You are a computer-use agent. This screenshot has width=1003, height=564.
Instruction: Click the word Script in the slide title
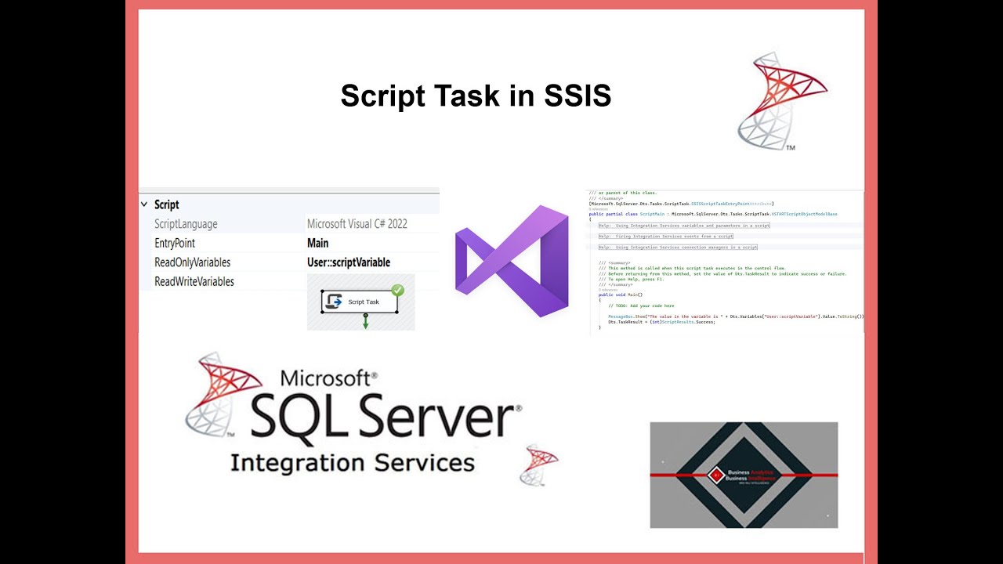coord(378,96)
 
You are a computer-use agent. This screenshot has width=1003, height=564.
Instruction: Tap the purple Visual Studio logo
coord(512,261)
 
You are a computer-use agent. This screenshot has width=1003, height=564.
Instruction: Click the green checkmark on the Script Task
coord(397,291)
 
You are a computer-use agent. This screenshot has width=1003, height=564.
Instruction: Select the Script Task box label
coord(364,302)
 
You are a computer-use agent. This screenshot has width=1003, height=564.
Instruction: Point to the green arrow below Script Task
coord(365,321)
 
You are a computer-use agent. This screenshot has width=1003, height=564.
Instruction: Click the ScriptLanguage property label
coord(186,224)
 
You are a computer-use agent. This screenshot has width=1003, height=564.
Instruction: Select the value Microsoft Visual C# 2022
coord(357,224)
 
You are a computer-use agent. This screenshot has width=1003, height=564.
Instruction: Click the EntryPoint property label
coord(175,243)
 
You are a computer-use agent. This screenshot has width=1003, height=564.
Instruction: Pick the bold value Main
coord(317,243)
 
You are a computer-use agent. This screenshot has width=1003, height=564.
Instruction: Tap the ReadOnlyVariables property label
coord(192,262)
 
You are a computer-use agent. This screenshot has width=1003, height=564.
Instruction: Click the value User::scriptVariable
coord(348,262)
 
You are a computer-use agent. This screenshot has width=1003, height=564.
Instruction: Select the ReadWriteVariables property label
coord(194,281)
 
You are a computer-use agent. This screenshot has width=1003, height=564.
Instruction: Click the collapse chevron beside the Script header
coord(143,204)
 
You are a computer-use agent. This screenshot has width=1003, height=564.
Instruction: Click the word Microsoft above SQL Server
coord(325,379)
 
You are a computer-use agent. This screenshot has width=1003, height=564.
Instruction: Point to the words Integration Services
coord(352,462)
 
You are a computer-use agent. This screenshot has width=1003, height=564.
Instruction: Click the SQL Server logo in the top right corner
coord(782,100)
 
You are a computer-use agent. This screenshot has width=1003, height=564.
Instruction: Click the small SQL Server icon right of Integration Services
coord(539,465)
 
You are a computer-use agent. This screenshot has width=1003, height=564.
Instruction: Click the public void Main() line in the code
coord(621,295)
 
